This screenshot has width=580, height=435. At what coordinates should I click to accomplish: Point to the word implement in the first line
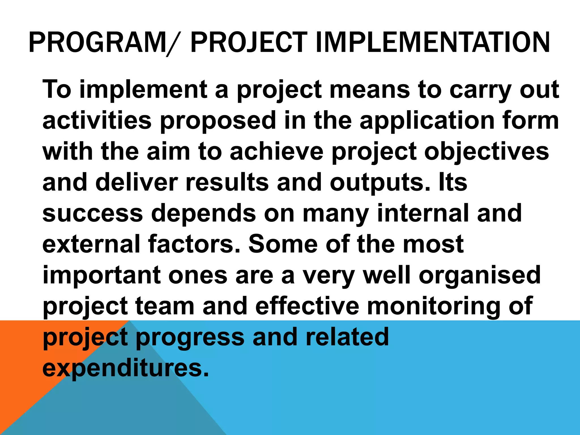[143, 90]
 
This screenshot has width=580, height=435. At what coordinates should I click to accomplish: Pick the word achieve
[276, 152]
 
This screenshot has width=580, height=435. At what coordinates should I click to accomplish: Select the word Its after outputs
[453, 182]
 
